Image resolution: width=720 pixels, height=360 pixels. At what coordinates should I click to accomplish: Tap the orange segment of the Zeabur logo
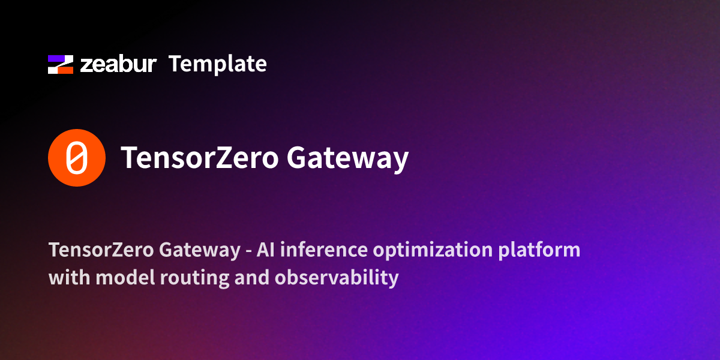(64, 70)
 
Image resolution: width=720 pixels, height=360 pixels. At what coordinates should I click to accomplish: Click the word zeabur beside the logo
(118, 64)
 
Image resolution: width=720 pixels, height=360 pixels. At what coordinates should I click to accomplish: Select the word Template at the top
(217, 64)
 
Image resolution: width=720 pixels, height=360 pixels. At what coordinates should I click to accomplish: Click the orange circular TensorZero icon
(77, 157)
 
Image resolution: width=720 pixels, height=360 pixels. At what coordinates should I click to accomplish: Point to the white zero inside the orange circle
(77, 157)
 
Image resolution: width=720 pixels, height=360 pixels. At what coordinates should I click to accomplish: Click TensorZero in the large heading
(200, 158)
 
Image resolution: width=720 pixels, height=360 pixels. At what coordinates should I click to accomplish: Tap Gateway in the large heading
(347, 158)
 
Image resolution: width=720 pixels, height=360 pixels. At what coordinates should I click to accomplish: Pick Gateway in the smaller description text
(200, 250)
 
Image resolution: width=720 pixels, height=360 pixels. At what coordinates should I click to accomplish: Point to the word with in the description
(65, 278)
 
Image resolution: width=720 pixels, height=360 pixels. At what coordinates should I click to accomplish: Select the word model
(115, 278)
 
